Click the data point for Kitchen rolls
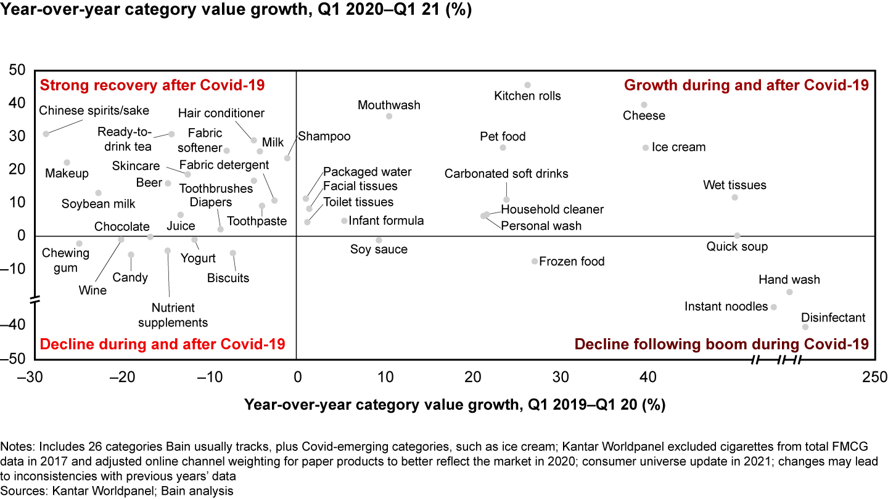click(x=527, y=85)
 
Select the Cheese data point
click(x=644, y=105)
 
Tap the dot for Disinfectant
click(x=805, y=327)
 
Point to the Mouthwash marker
click(x=389, y=116)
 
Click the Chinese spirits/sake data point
click(x=46, y=134)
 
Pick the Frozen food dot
click(x=535, y=261)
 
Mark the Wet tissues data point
click(x=734, y=197)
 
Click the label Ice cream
click(x=678, y=148)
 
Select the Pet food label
click(x=503, y=137)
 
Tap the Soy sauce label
click(x=379, y=249)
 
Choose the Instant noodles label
click(x=726, y=307)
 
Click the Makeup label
click(x=67, y=174)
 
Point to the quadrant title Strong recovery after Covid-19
click(x=152, y=85)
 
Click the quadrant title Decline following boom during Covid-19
click(x=721, y=344)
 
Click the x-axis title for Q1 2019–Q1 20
click(x=455, y=405)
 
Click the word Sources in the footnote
click(x=22, y=491)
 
